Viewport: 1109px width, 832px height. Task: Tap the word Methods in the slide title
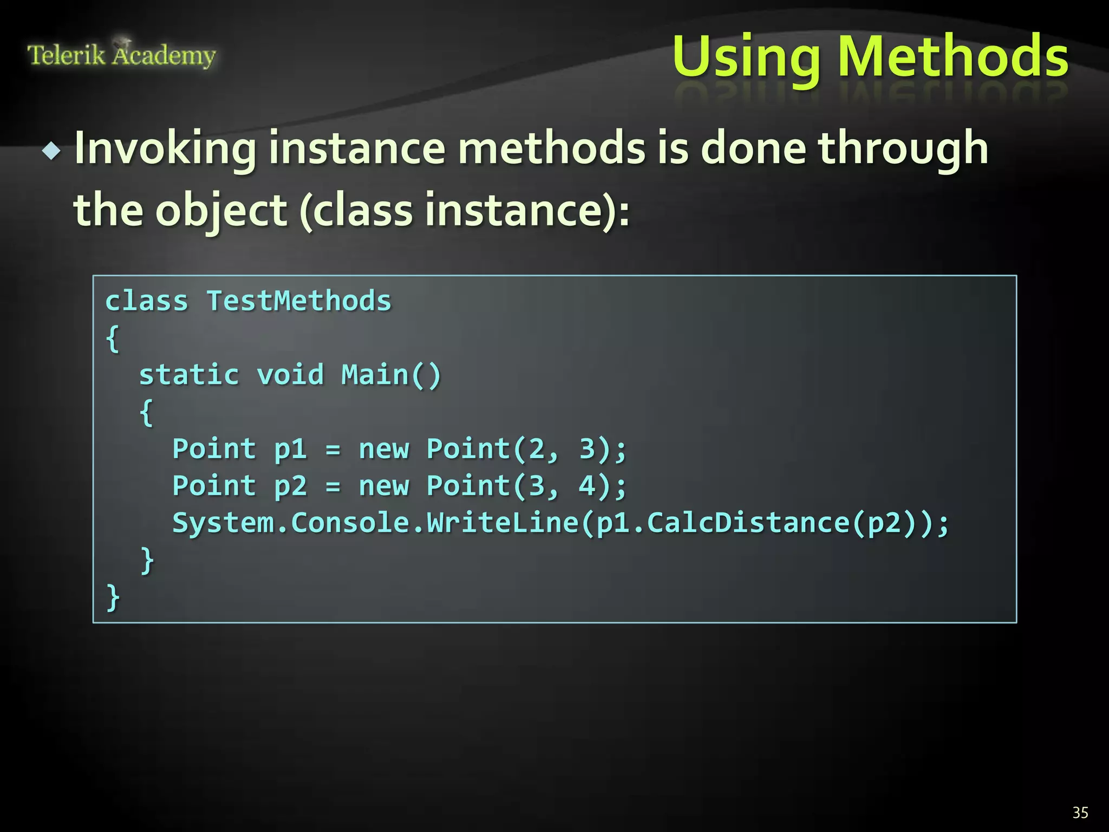coord(953,56)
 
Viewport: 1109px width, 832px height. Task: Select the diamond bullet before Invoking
coord(52,151)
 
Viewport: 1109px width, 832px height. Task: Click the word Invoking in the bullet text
coord(165,148)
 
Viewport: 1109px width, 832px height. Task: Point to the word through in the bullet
coord(903,148)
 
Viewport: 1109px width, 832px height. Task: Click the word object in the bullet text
coord(221,211)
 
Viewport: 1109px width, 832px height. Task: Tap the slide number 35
coord(1080,812)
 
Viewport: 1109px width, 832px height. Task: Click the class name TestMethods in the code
coord(299,301)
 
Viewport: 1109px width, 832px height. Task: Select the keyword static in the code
coord(189,375)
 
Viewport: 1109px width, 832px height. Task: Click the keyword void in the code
coord(290,375)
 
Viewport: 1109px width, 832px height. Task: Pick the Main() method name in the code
coord(391,375)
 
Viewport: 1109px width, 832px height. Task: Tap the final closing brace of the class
coord(113,597)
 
